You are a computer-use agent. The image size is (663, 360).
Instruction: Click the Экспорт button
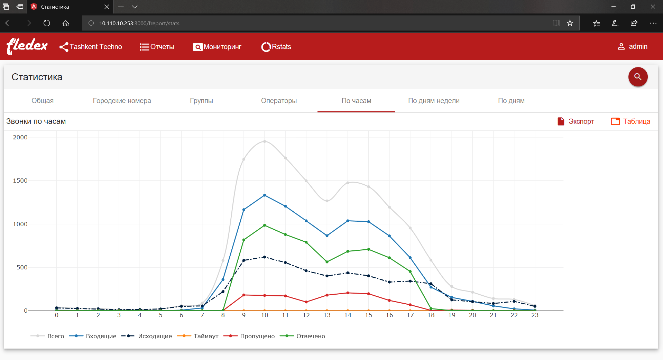(576, 121)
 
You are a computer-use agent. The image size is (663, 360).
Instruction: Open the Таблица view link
(630, 121)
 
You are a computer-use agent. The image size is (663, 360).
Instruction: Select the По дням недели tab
(434, 101)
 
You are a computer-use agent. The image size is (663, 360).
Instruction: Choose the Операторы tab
(279, 101)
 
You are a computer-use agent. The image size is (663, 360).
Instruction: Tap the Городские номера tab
(122, 101)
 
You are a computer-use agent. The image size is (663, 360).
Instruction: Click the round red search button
(638, 77)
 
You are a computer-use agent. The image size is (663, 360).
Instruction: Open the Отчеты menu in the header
(157, 47)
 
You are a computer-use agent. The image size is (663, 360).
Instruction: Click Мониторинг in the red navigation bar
(217, 47)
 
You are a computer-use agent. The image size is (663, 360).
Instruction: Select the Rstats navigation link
(276, 47)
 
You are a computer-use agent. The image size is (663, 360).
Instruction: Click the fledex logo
(27, 46)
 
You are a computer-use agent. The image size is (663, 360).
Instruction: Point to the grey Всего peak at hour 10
(265, 141)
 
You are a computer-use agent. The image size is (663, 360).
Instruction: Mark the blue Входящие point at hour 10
(265, 195)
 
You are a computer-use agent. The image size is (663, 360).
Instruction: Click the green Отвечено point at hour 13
(327, 262)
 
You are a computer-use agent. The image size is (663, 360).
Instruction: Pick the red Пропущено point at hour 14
(348, 293)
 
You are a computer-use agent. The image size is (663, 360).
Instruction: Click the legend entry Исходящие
(147, 336)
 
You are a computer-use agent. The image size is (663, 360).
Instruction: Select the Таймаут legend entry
(197, 336)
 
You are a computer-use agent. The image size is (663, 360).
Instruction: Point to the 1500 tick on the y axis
(20, 181)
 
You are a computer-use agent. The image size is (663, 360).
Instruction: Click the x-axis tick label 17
(410, 315)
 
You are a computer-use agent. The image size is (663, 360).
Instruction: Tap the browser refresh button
(47, 23)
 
